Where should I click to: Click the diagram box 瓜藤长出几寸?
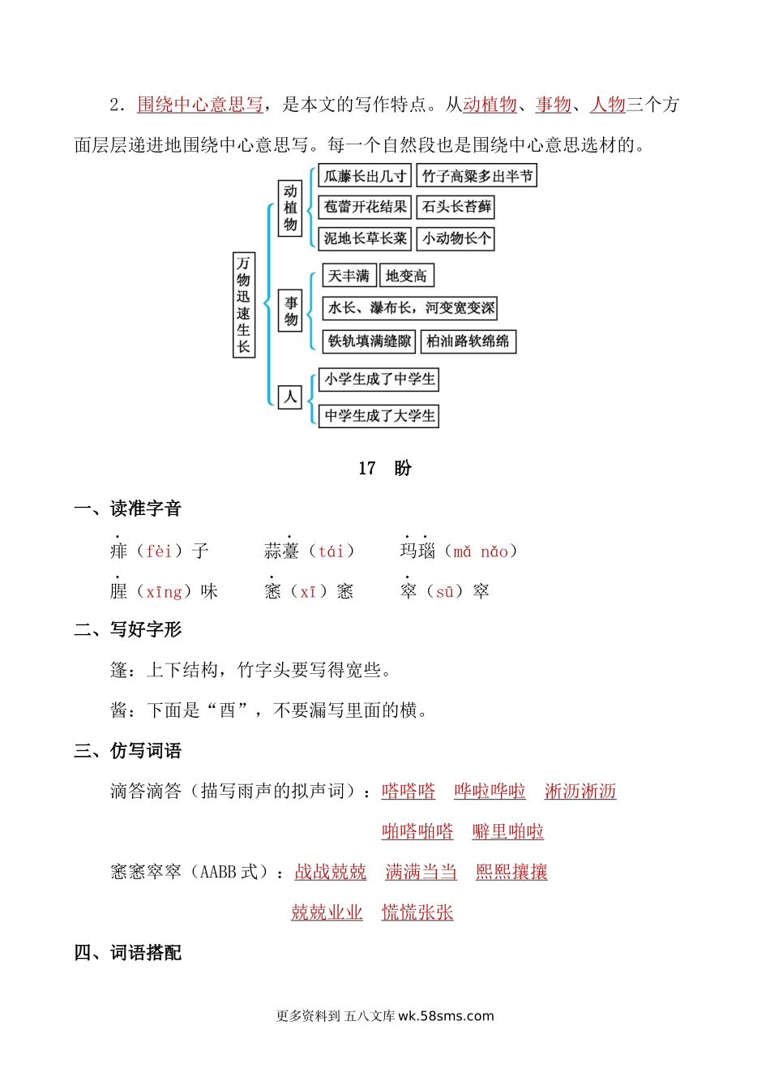365,176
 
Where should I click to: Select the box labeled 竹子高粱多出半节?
477,176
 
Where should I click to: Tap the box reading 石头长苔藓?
456,207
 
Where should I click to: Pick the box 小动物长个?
456,238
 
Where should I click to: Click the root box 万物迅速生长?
243,305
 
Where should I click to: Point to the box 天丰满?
349,276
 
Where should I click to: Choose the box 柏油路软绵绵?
468,341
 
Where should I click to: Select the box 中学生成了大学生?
379,416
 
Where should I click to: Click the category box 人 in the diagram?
289,397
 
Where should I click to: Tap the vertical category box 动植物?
289,208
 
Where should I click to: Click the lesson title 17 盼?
385,468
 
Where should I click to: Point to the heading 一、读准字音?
127,509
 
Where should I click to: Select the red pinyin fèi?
159,551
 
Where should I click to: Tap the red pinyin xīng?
164,592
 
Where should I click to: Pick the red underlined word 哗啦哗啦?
490,791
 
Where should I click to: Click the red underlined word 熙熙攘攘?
511,872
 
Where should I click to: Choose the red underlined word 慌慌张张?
417,912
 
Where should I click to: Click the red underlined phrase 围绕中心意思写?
199,105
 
